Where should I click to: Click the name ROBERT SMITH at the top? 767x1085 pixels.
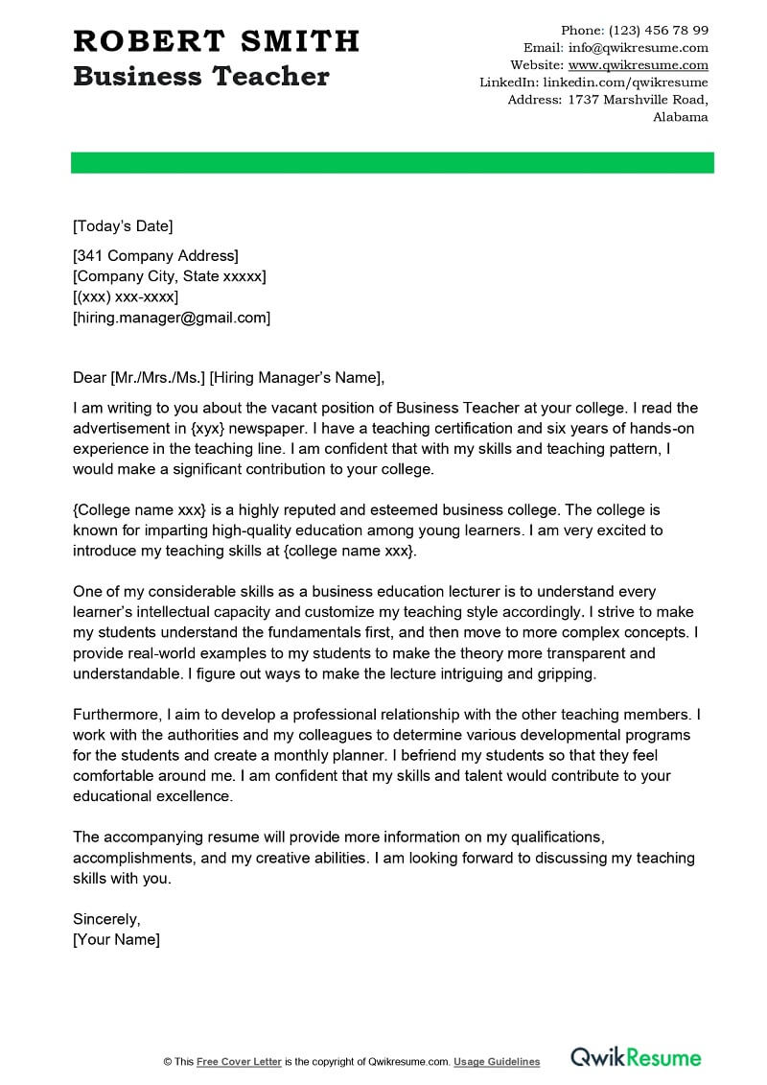coord(216,41)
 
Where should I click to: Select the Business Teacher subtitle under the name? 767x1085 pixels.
coord(200,77)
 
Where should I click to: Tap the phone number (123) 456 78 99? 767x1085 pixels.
coord(659,30)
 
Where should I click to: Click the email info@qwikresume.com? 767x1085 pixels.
coord(638,47)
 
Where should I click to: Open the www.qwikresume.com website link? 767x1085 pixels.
coord(638,65)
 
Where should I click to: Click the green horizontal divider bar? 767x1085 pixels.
coord(392,162)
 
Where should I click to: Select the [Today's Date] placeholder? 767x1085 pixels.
coord(123,226)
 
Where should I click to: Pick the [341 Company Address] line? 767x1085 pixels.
coord(155,255)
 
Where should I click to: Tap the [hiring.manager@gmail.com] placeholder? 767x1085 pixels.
coord(172,318)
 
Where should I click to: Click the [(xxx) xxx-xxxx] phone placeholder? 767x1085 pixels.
coord(126,296)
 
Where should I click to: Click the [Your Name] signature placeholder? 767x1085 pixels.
coord(116,940)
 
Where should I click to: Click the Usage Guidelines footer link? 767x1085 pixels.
coord(497,1062)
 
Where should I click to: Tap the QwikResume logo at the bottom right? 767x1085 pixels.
coord(636,1058)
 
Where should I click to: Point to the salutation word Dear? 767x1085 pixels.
coord(89,377)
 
